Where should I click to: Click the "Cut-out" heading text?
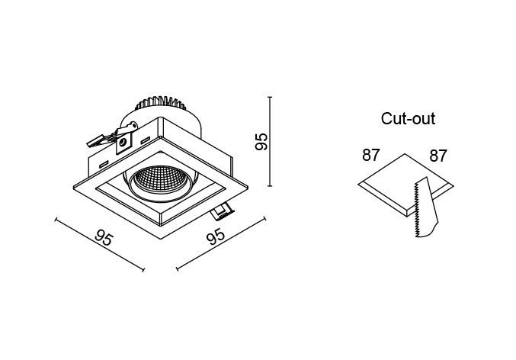(408, 118)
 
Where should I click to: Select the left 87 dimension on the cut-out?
(371, 155)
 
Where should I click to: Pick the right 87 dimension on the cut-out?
(438, 156)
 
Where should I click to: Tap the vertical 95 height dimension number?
(261, 141)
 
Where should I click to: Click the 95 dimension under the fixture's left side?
(104, 239)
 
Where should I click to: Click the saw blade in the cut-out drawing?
(425, 207)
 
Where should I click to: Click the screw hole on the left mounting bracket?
(123, 143)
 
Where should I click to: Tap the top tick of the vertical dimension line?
(270, 97)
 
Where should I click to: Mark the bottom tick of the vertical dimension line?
(270, 186)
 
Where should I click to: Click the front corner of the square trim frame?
(161, 239)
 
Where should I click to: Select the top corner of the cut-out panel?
(405, 154)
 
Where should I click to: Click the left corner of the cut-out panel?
(358, 184)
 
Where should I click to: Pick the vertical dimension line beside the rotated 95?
(270, 142)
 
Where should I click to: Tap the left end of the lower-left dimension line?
(56, 219)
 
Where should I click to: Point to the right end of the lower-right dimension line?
(264, 219)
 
